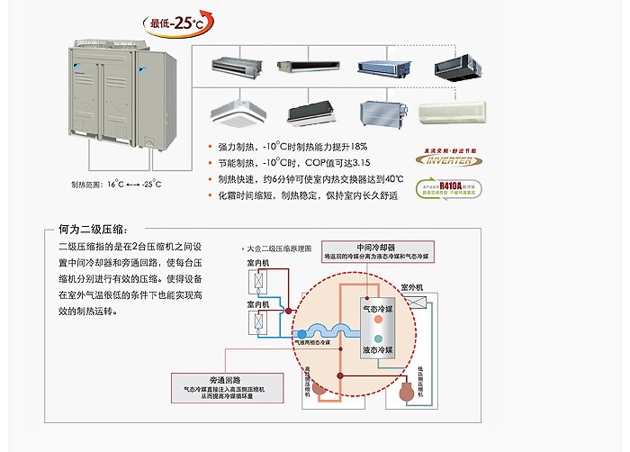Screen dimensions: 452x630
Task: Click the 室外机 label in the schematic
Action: [x=412, y=287]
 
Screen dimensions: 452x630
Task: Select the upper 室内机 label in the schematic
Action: [x=259, y=263]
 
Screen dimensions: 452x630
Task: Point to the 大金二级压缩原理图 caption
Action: [x=279, y=247]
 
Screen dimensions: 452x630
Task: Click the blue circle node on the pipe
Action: [x=288, y=331]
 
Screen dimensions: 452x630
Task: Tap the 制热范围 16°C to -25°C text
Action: [x=116, y=185]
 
